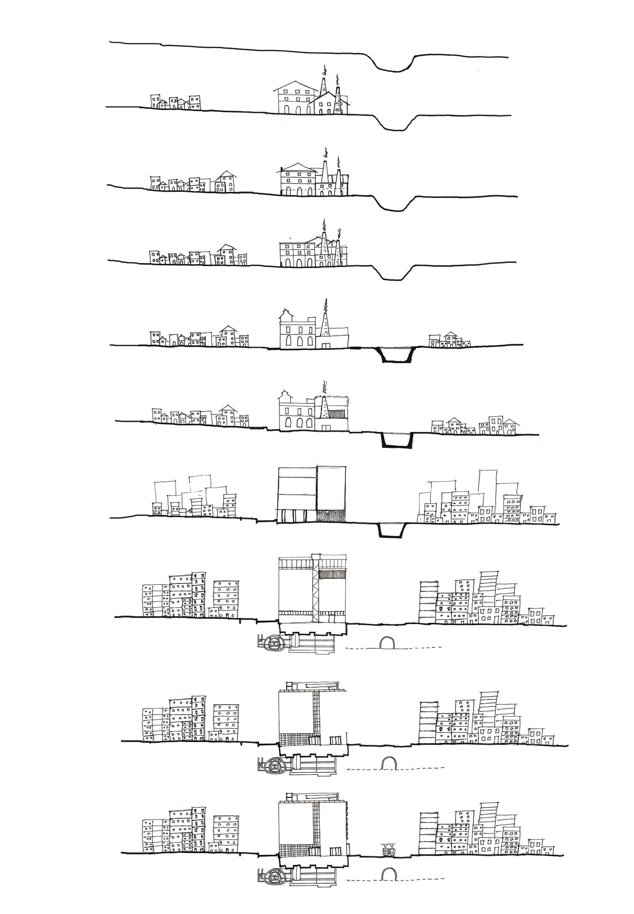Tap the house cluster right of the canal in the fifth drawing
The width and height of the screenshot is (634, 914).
point(449,341)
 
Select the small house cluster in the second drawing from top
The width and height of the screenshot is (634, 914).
point(175,102)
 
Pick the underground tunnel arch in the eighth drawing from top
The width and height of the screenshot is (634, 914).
point(387,643)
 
